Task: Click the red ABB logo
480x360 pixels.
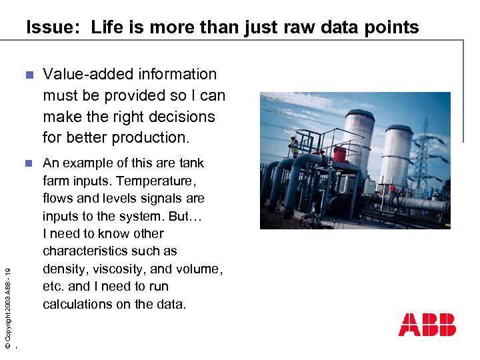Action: [427, 325]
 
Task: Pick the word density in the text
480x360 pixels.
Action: [64, 269]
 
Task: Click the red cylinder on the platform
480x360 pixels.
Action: [340, 155]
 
